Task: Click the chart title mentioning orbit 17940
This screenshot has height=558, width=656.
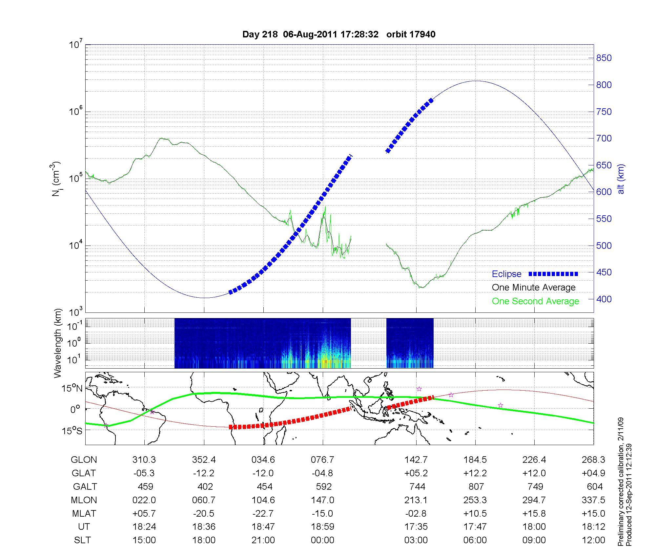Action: pyautogui.click(x=339, y=34)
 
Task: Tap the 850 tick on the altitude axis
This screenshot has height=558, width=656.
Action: pyautogui.click(x=604, y=58)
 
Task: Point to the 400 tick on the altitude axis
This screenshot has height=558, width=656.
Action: pyautogui.click(x=604, y=299)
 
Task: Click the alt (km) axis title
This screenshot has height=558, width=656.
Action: pyautogui.click(x=621, y=179)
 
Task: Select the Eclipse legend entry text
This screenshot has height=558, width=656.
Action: pyautogui.click(x=506, y=274)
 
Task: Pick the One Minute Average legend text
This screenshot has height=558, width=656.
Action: pyautogui.click(x=534, y=288)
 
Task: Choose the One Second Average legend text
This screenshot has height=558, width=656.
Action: pyautogui.click(x=535, y=301)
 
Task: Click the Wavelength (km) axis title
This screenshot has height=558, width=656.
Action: pyautogui.click(x=58, y=343)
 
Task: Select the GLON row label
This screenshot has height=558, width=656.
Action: pyautogui.click(x=84, y=460)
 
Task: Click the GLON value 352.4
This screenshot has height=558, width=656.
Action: pyautogui.click(x=204, y=460)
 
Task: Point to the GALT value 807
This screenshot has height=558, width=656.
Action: pyautogui.click(x=476, y=486)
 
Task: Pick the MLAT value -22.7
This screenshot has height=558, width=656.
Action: pyautogui.click(x=263, y=513)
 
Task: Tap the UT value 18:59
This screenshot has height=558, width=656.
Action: pyautogui.click(x=322, y=527)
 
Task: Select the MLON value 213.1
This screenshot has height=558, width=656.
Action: pyautogui.click(x=416, y=500)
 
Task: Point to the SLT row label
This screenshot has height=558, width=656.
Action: pyautogui.click(x=82, y=540)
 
